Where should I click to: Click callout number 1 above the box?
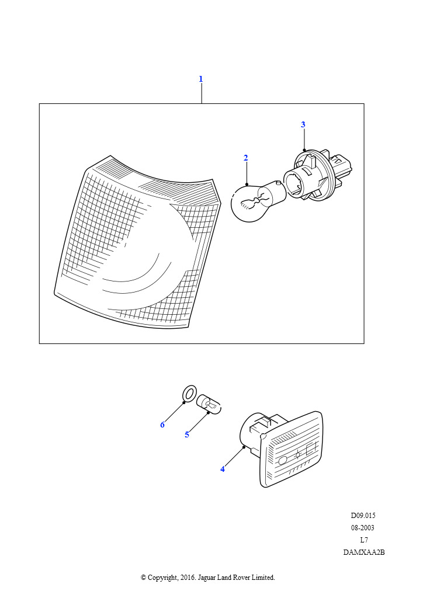click(x=200, y=79)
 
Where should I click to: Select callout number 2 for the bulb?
click(x=245, y=158)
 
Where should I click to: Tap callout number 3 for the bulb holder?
click(x=303, y=124)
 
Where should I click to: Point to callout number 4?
click(x=223, y=469)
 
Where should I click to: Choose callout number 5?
click(x=187, y=434)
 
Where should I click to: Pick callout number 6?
click(x=162, y=425)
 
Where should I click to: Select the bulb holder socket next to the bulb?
click(x=317, y=175)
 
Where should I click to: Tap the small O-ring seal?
click(x=189, y=393)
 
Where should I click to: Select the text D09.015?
click(x=363, y=516)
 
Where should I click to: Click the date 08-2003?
click(x=363, y=528)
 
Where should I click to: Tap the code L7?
click(x=364, y=540)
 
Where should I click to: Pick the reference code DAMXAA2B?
click(x=364, y=552)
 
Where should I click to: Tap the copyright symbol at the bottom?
click(x=143, y=578)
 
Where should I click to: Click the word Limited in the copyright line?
click(x=263, y=578)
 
